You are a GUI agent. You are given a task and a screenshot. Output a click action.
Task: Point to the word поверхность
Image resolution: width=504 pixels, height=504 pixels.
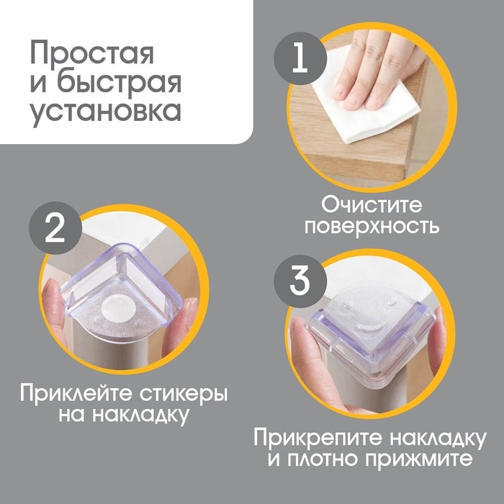click(x=370, y=226)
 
